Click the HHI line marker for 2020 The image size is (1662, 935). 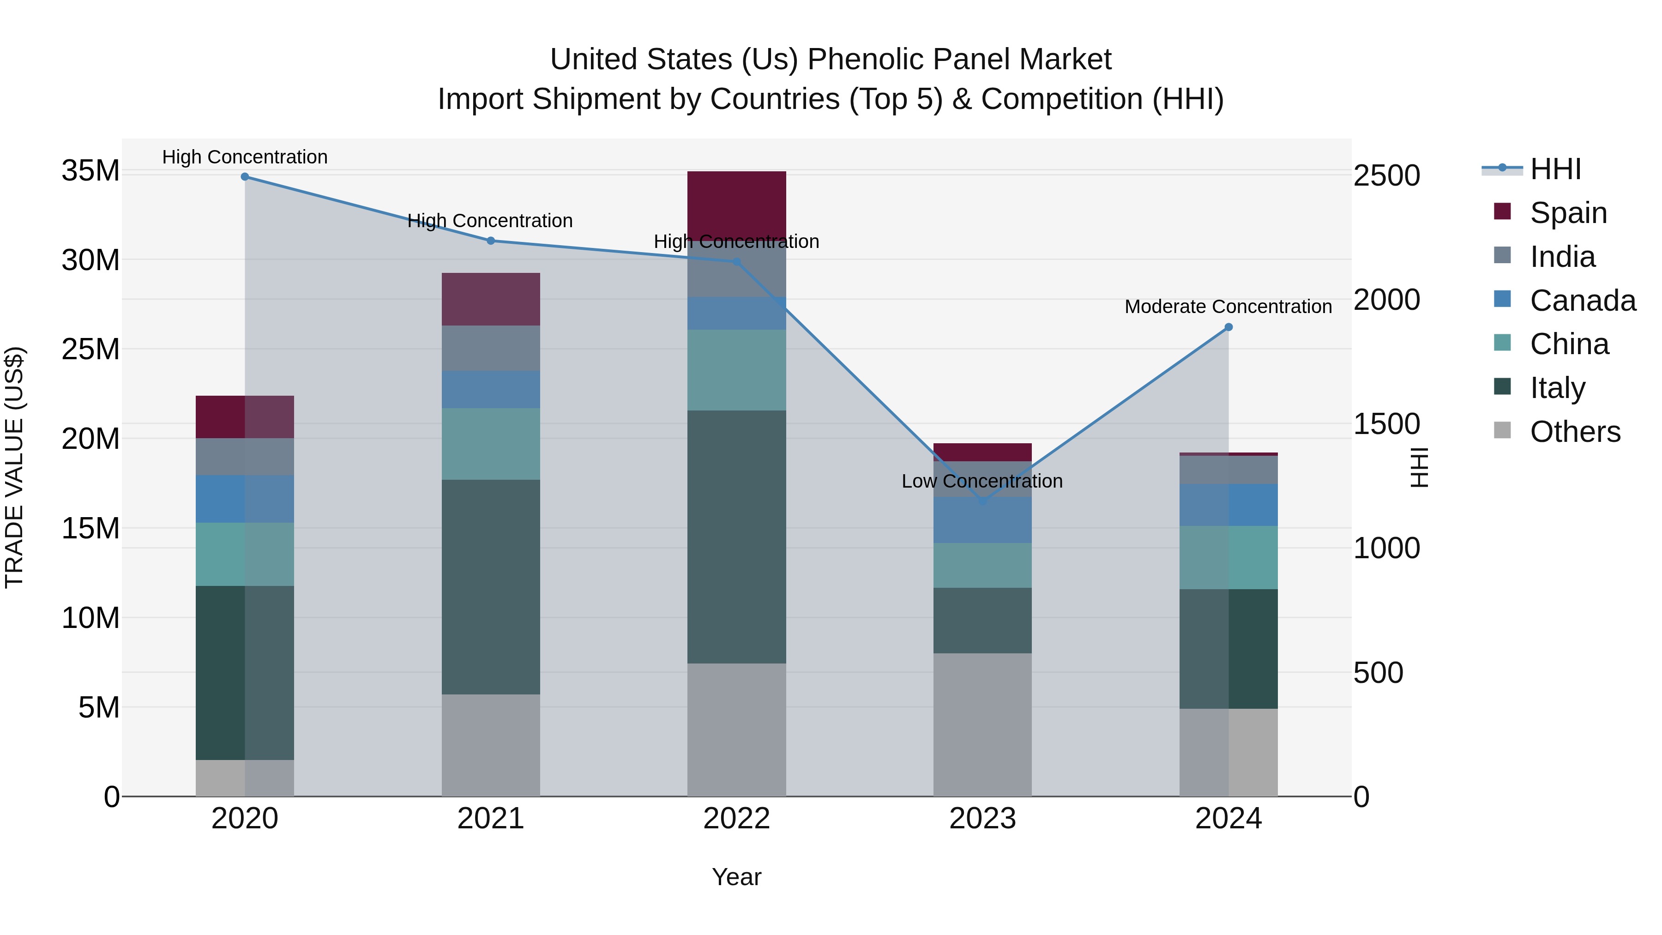pos(245,177)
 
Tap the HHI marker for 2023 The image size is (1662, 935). pos(982,501)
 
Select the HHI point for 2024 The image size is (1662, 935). pos(1228,327)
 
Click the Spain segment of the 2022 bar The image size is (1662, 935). pos(736,205)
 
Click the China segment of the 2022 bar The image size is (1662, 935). pos(736,370)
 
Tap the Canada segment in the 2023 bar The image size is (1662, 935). pos(982,520)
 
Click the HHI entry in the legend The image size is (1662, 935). pos(1555,169)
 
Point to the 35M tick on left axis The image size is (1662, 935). pos(90,171)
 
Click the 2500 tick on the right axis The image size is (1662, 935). pos(1386,175)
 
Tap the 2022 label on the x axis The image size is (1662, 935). pos(736,819)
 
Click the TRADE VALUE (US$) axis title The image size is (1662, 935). pos(14,467)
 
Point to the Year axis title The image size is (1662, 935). pos(736,877)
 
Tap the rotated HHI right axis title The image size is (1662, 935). pos(1420,467)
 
